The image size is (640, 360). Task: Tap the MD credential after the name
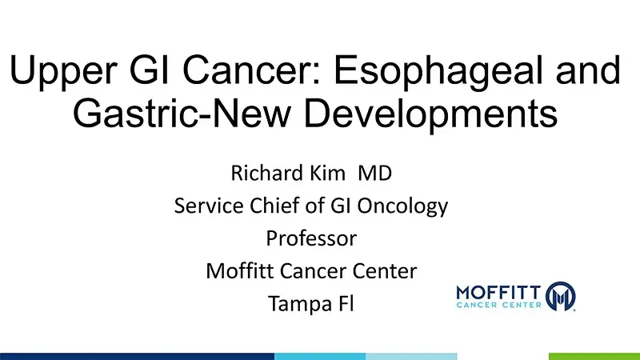374,173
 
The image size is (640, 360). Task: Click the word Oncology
403,206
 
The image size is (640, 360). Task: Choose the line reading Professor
311,238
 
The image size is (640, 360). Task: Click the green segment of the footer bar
594,356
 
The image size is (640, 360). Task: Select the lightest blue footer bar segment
411,356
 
